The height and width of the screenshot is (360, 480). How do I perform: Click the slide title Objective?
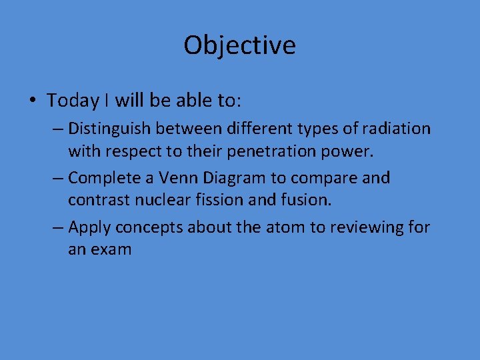pos(239,45)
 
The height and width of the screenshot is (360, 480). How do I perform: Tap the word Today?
pos(73,101)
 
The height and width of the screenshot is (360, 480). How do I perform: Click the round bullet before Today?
pos(32,101)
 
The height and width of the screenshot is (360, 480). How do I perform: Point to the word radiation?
pos(399,128)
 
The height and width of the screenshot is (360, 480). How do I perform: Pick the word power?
pos(349,151)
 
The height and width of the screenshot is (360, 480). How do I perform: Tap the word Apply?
pos(89,228)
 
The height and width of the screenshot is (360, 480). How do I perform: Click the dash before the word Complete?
pos(58,178)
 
